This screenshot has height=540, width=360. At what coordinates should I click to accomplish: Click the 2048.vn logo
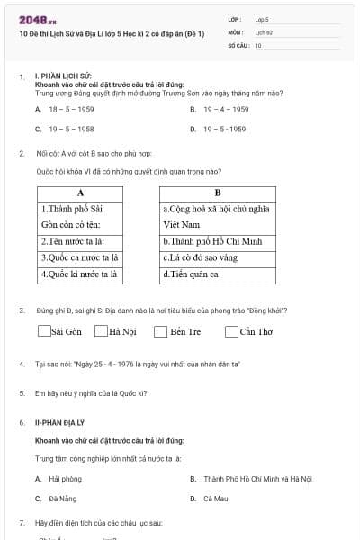tap(38, 19)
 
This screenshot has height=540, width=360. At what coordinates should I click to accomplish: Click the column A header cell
tap(80, 193)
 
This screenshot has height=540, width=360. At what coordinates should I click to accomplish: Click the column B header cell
tap(217, 193)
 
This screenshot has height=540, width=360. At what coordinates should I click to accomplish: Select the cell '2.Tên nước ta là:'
tap(80, 241)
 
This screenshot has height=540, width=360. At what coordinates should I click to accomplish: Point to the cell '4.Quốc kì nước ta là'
tap(80, 274)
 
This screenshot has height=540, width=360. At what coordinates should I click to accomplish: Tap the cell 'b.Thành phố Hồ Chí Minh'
tap(217, 241)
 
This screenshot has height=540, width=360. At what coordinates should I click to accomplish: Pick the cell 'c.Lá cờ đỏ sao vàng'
tap(217, 257)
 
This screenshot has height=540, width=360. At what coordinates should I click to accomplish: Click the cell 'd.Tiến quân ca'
tap(217, 274)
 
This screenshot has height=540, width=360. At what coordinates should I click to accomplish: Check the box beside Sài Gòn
tap(44, 331)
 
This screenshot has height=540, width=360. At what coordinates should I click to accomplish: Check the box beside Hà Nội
tap(102, 331)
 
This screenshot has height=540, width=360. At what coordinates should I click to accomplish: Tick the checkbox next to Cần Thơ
tap(232, 331)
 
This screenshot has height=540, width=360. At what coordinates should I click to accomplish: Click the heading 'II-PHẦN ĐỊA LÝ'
tap(61, 421)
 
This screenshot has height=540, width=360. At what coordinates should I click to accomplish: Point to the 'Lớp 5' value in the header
tap(262, 18)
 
